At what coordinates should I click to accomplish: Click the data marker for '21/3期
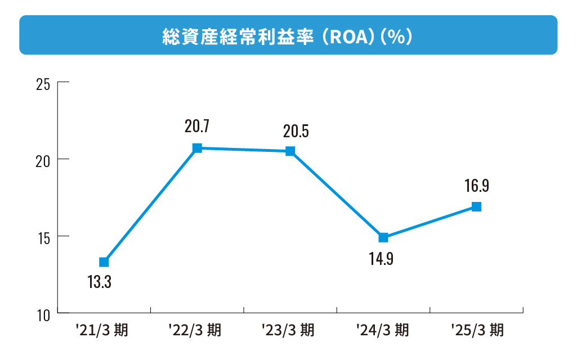(x=104, y=262)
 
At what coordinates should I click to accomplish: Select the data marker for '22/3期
(x=197, y=148)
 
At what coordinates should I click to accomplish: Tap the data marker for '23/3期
(x=290, y=151)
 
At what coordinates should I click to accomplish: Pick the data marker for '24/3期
(x=383, y=237)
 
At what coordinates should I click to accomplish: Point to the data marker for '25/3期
(x=476, y=206)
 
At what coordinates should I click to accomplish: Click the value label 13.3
(x=99, y=282)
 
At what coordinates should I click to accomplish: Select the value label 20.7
(x=197, y=127)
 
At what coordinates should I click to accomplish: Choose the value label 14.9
(x=381, y=260)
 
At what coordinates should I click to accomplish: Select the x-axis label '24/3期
(x=383, y=330)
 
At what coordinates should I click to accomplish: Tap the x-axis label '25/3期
(x=477, y=330)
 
